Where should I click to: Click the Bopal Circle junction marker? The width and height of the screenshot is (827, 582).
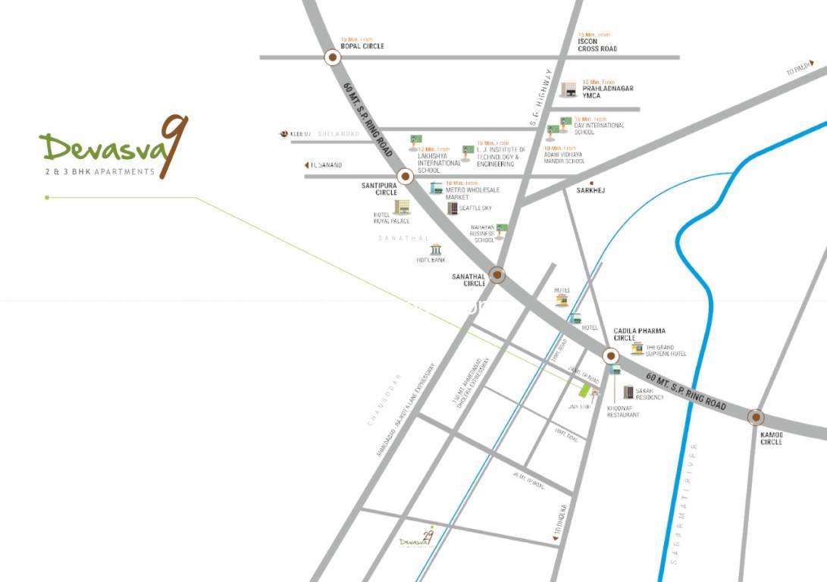pos(332,57)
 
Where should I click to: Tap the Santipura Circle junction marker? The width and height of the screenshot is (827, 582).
pos(405,177)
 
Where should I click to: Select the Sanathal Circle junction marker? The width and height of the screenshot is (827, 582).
pos(497,274)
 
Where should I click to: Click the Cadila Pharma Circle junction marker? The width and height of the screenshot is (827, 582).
pos(611,355)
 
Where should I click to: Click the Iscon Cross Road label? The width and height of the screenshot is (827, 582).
pos(597,45)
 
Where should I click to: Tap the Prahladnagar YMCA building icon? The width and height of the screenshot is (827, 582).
pos(569,89)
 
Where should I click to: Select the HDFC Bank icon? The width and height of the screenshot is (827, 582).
pos(436,249)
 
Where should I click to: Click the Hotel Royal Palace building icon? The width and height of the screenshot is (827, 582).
pos(402,206)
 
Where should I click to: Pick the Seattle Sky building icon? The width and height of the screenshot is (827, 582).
pos(453,208)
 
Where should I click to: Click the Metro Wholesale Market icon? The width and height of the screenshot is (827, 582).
pos(436,188)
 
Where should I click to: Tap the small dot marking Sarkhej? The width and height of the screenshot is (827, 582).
pos(591,183)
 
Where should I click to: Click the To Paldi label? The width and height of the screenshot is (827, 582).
pos(798,71)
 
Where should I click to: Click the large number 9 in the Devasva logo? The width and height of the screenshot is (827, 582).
pos(175,145)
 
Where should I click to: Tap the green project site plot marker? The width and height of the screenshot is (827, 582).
pos(584,391)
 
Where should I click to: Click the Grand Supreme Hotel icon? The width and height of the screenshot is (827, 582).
pos(637,349)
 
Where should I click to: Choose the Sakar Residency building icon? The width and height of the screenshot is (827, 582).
pos(628,392)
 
